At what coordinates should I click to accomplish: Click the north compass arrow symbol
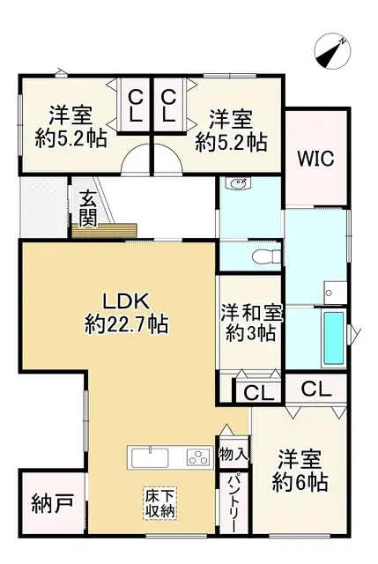pos(332,51)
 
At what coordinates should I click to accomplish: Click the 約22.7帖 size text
pos(127,324)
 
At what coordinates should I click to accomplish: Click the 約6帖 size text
pos(300,482)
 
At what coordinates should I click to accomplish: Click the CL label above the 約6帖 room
pos(315,388)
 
